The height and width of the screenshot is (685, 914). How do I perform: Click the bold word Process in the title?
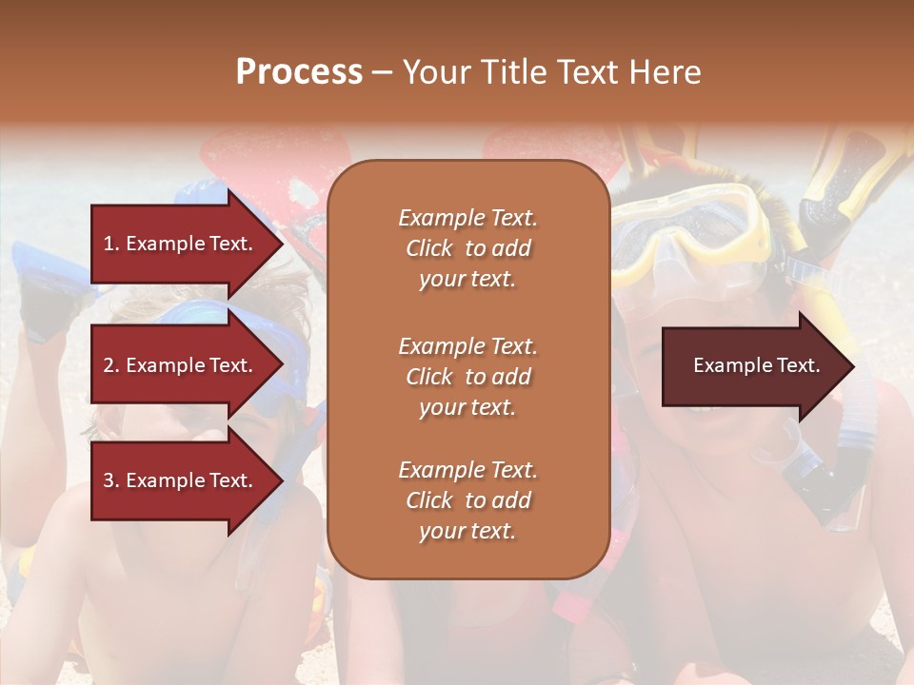click(299, 72)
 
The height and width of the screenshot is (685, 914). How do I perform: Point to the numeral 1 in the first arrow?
click(109, 244)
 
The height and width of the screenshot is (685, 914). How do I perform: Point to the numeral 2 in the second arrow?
click(109, 365)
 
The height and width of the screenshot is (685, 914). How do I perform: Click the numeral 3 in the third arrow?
click(109, 480)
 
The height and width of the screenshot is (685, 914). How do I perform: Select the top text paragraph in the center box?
click(467, 248)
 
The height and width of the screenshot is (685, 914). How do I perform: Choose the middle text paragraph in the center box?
click(467, 377)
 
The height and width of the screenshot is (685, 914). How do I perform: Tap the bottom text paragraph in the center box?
click(467, 500)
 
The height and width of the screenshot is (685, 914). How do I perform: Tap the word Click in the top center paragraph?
click(428, 248)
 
